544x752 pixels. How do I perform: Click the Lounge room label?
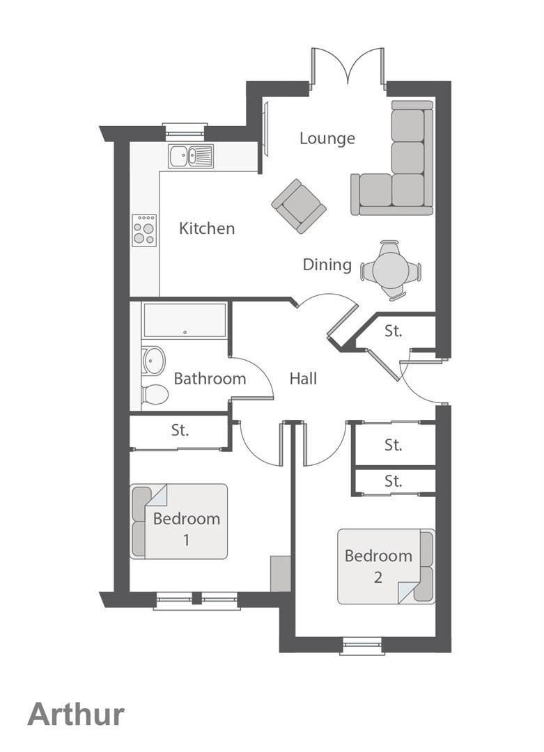327,138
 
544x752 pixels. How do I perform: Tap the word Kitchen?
207,228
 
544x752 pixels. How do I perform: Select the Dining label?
327,265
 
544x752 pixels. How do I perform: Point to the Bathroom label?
210,379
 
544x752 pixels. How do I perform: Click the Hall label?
303,379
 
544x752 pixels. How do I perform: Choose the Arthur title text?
76,714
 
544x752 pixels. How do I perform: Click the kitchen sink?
190,156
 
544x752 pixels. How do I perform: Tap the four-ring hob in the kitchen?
145,229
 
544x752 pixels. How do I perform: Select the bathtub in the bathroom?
185,320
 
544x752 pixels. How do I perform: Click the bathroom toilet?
155,394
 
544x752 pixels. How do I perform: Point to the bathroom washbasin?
153,361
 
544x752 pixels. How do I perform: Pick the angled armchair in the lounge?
300,205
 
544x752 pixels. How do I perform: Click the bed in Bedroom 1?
179,522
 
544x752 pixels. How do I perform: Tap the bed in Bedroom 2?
386,567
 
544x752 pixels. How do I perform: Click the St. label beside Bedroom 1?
180,430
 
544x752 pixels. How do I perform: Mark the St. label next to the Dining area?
394,331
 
